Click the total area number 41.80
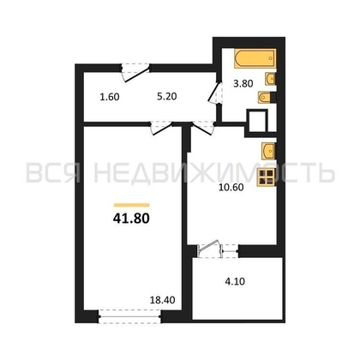[x=131, y=219]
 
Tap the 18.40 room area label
[x=162, y=300]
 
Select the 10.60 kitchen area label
[x=231, y=188]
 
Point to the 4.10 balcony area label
[x=235, y=282]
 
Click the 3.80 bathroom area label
[x=243, y=84]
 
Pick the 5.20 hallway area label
[x=167, y=97]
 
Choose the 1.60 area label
[x=110, y=97]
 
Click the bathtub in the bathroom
[x=255, y=58]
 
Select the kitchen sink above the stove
[x=268, y=151]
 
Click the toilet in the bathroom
[x=267, y=98]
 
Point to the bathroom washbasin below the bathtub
[x=270, y=79]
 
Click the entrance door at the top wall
[x=135, y=72]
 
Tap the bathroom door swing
[x=215, y=92]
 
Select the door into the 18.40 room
[x=162, y=128]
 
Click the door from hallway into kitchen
[x=203, y=128]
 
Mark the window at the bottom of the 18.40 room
[x=130, y=316]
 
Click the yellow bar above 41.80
[x=131, y=205]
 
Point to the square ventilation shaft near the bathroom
[x=258, y=121]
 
